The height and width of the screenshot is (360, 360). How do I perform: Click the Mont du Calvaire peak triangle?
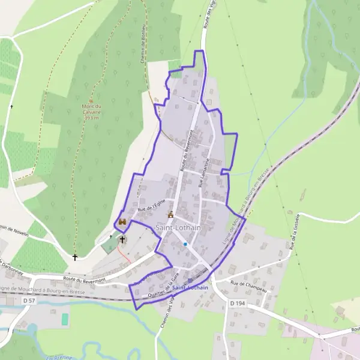[91, 100]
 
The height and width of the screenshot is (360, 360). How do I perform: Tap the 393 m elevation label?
[91, 118]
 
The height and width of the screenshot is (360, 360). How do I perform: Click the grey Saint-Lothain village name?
[178, 228]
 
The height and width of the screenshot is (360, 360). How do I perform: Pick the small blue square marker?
[186, 244]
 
